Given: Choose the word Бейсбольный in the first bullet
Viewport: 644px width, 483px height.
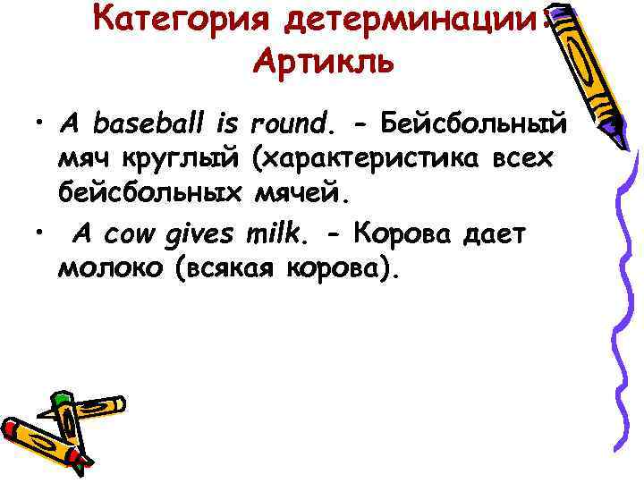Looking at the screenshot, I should tap(479, 119).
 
